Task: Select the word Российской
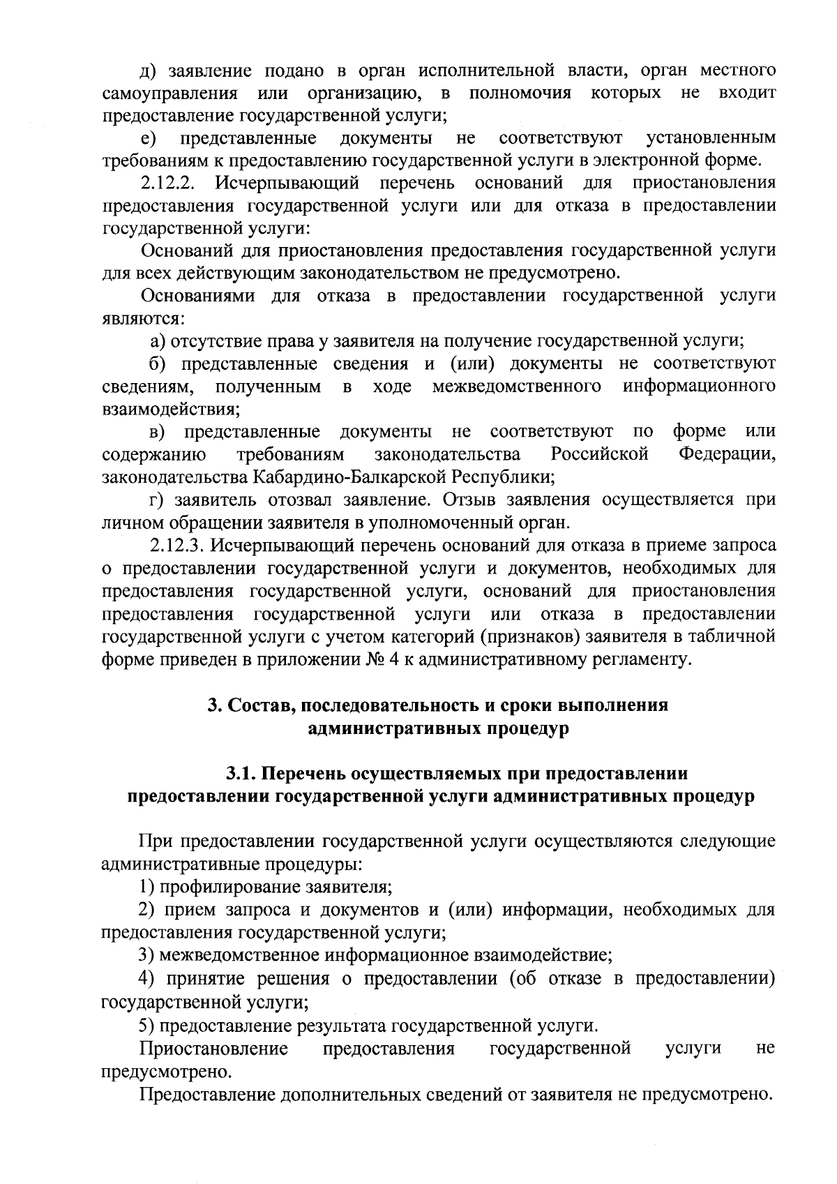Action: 600,455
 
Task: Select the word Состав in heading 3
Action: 252,705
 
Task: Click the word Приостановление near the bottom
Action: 214,1049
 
